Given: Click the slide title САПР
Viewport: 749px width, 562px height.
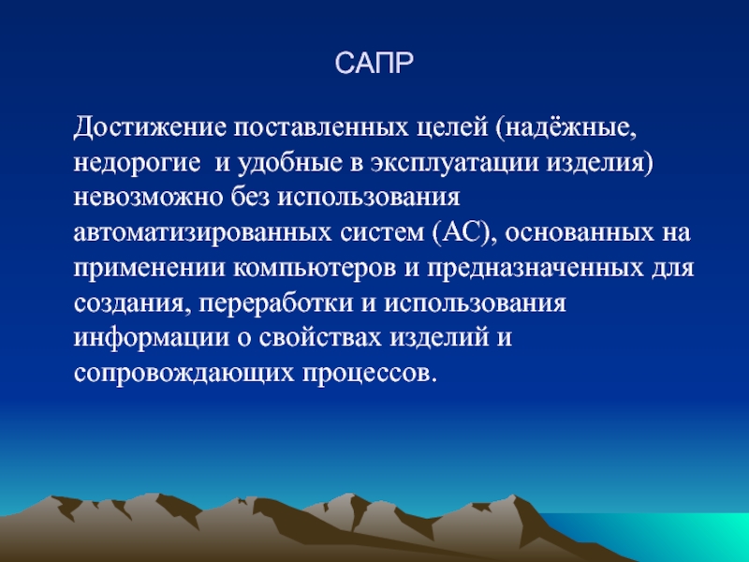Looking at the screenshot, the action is pyautogui.click(x=374, y=63).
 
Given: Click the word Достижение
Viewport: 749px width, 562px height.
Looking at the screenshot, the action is pyautogui.click(x=150, y=128).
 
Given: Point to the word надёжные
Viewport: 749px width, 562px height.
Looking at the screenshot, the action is pyautogui.click(x=566, y=128).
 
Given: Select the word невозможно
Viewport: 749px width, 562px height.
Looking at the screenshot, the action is pyautogui.click(x=149, y=198).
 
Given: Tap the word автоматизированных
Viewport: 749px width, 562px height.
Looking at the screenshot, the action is pyautogui.click(x=202, y=233).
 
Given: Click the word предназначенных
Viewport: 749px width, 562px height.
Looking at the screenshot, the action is pyautogui.click(x=535, y=268).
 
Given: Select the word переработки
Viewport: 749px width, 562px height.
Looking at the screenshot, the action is pyautogui.click(x=275, y=303).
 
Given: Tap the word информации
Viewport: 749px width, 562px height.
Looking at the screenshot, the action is pyautogui.click(x=152, y=338).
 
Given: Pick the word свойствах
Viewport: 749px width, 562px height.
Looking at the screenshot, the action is pyautogui.click(x=320, y=338).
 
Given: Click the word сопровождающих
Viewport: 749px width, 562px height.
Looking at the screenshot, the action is pyautogui.click(x=184, y=373).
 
